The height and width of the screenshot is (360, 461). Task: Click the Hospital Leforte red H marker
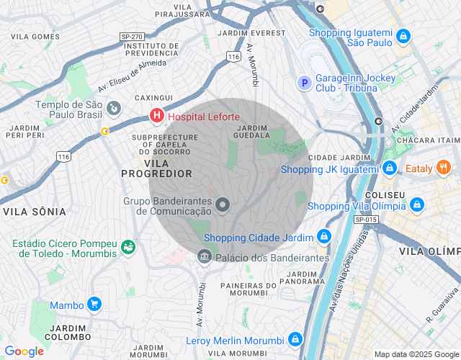point(156,116)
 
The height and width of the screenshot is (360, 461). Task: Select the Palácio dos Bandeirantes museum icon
point(204,257)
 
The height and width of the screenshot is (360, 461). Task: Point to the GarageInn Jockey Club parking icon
point(305,83)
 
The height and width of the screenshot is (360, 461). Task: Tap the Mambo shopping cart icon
point(94,305)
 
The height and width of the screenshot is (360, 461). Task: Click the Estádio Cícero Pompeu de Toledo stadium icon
point(129,247)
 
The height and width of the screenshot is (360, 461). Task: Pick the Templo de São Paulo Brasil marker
point(113,108)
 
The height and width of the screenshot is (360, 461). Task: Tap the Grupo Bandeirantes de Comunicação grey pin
point(223,205)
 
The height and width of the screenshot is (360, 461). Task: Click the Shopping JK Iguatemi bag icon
point(390,168)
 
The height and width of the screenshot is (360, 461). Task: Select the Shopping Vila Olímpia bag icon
point(417,205)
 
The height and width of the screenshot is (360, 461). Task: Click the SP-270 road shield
point(133,36)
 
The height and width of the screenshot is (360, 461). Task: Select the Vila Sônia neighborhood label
point(35,212)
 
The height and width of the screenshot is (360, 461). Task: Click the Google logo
point(24,351)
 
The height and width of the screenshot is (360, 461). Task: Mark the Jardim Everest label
point(255,33)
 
